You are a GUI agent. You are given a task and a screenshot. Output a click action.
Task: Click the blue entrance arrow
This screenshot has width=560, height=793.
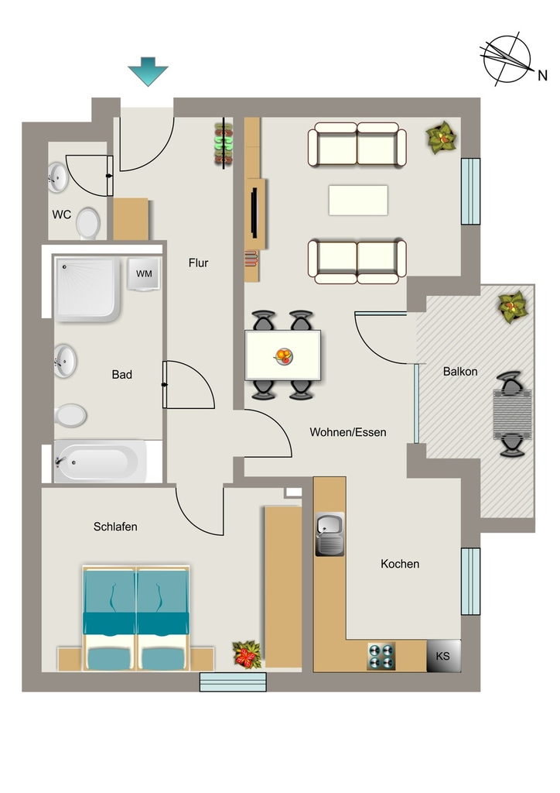point(148,71)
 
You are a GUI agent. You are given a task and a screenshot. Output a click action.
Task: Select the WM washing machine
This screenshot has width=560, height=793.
point(144,273)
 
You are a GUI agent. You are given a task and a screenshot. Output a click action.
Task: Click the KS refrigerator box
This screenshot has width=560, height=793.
point(444,656)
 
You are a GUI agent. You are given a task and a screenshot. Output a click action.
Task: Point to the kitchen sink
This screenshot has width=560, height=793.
point(330,534)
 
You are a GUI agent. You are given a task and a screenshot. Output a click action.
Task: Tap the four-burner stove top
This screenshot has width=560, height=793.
point(381,657)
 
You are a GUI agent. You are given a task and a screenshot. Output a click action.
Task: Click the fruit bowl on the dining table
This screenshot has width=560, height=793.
point(284,356)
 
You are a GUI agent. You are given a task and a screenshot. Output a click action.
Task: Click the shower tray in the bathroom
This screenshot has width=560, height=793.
point(88,289)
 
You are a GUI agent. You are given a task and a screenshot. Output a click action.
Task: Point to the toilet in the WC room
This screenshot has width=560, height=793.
point(88,222)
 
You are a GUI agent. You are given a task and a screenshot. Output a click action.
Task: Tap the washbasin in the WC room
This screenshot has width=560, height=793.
point(58,177)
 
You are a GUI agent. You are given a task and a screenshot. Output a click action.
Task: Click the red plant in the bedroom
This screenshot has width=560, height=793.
point(247,654)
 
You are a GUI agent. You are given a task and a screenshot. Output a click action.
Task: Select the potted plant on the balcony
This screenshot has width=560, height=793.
point(513,307)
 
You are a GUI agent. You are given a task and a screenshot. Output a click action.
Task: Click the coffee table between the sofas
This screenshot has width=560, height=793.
point(359,201)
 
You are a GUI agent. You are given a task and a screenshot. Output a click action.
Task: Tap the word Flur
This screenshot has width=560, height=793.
point(199,263)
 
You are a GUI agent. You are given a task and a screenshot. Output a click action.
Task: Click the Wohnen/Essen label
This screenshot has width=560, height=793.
point(348,432)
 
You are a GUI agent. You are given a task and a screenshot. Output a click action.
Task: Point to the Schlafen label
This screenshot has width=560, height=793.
point(115,527)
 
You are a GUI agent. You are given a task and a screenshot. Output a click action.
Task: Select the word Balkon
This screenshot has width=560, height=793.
point(460,372)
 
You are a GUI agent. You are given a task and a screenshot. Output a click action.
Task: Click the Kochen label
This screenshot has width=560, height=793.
point(400,564)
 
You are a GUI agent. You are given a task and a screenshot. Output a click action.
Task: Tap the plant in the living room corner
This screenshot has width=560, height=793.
point(442,137)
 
